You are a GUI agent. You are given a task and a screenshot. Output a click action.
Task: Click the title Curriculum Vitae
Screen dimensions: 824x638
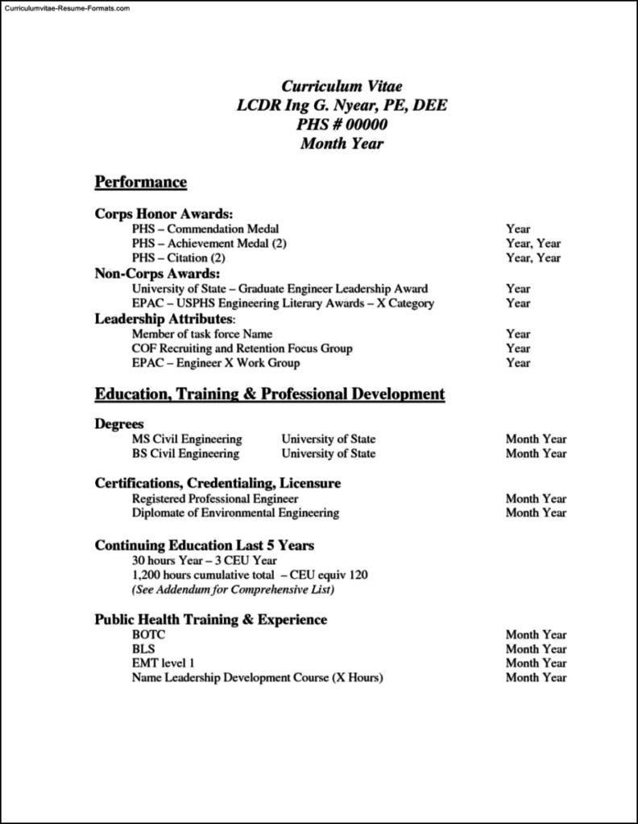pyautogui.click(x=342, y=86)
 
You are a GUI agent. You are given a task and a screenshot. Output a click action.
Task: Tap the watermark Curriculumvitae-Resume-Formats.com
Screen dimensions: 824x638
pyautogui.click(x=65, y=7)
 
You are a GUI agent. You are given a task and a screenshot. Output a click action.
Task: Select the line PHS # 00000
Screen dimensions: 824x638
pyautogui.click(x=342, y=125)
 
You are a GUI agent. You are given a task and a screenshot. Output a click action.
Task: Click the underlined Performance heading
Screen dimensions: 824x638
pyautogui.click(x=141, y=183)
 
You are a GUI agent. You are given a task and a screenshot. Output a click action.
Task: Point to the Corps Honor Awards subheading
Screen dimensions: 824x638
pyautogui.click(x=164, y=214)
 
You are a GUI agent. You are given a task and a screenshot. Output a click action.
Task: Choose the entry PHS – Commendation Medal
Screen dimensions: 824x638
pyautogui.click(x=205, y=229)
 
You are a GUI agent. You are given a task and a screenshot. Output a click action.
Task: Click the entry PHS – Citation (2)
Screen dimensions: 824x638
pyautogui.click(x=179, y=258)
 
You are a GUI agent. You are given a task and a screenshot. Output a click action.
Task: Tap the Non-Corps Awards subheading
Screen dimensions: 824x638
pyautogui.click(x=157, y=274)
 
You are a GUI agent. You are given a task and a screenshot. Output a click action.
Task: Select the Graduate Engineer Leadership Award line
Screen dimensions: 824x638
pyautogui.click(x=280, y=288)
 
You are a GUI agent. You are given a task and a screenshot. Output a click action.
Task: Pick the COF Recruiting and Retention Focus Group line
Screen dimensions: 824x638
pyautogui.click(x=242, y=348)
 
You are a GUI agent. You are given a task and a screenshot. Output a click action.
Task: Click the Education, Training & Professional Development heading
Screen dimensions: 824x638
pyautogui.click(x=270, y=394)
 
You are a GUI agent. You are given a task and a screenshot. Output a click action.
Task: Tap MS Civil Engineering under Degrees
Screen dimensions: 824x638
pyautogui.click(x=187, y=439)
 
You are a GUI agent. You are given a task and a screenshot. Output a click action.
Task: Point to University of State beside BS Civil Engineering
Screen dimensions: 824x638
pyautogui.click(x=328, y=454)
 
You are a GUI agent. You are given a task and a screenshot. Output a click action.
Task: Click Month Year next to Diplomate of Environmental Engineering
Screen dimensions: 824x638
pyautogui.click(x=536, y=513)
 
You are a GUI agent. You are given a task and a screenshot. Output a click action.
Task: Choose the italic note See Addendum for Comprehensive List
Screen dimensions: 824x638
pyautogui.click(x=233, y=590)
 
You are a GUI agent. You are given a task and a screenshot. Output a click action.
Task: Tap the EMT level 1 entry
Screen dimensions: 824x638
pyautogui.click(x=164, y=663)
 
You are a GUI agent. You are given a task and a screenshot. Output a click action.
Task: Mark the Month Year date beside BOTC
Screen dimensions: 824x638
pyautogui.click(x=536, y=635)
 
